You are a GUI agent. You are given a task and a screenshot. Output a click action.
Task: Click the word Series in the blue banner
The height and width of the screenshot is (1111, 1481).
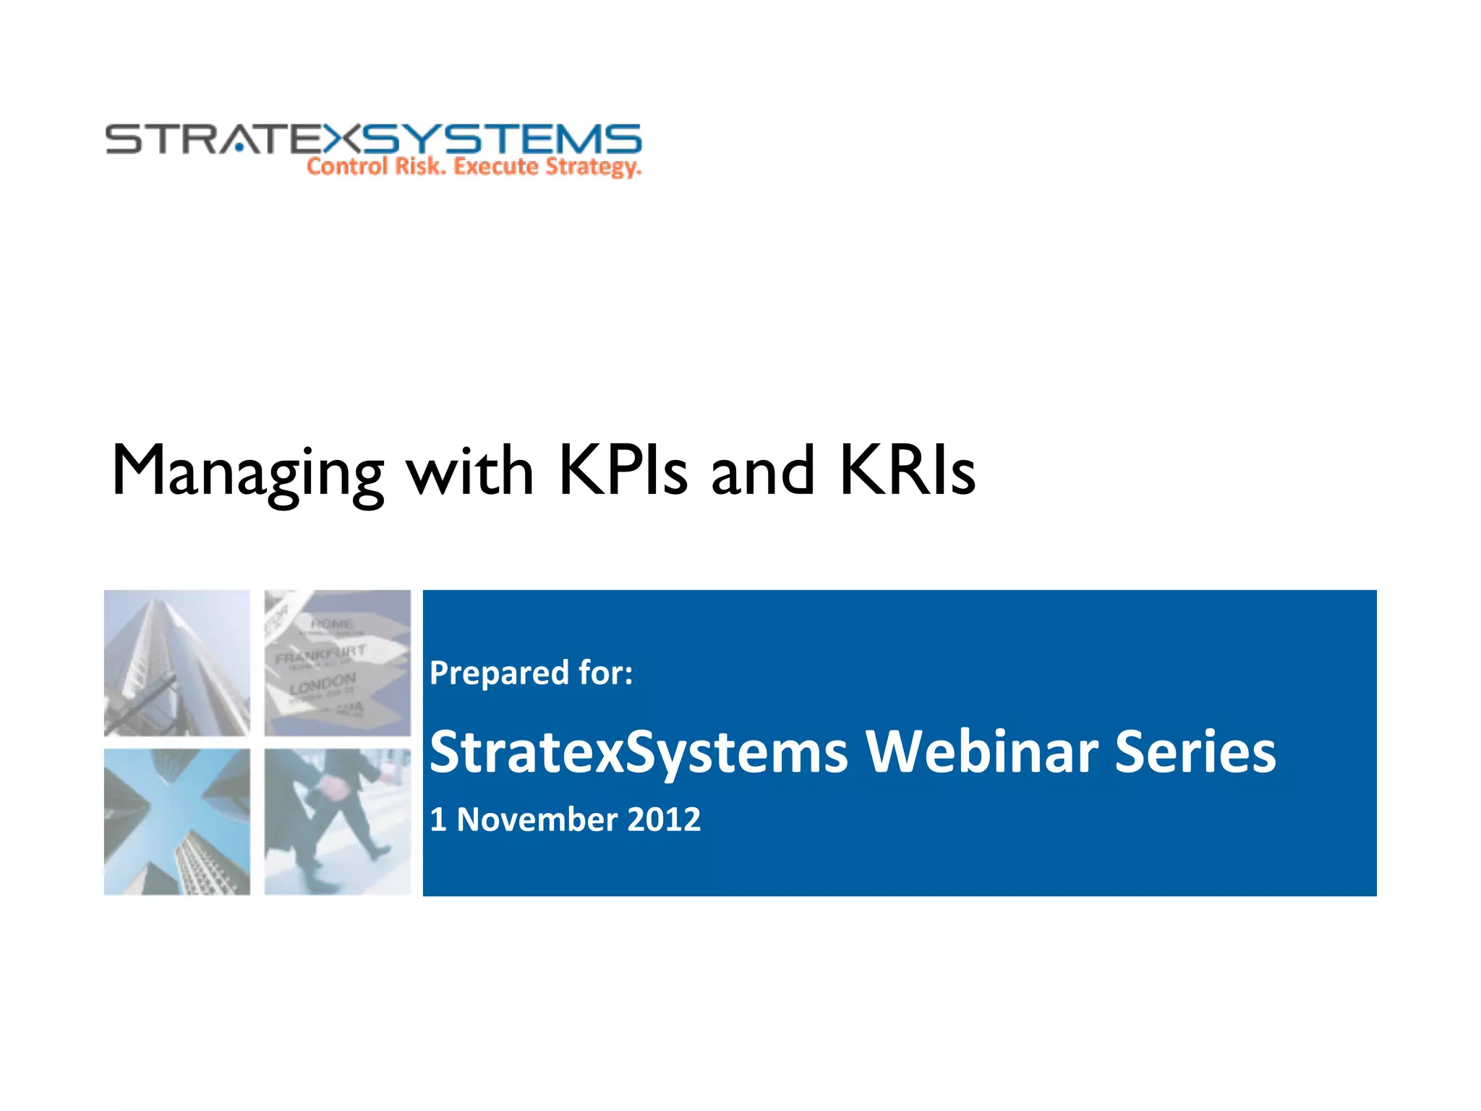click(1195, 752)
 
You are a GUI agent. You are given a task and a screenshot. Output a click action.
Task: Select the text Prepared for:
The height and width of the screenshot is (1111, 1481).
click(532, 673)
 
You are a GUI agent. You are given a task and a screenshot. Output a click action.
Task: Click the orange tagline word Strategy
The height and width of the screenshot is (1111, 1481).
click(593, 167)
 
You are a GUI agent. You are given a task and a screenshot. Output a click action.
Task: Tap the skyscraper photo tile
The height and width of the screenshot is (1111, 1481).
click(177, 663)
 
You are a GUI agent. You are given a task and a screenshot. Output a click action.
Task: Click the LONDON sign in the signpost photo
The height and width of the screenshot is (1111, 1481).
click(323, 684)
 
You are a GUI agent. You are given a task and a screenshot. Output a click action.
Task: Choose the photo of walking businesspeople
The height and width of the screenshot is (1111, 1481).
click(337, 822)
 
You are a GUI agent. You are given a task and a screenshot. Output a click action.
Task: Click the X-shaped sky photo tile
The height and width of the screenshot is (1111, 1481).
click(177, 822)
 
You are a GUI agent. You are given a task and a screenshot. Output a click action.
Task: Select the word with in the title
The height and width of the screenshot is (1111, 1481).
click(470, 472)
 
